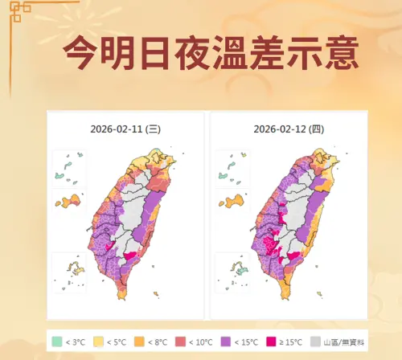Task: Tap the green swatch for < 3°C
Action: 57,342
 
